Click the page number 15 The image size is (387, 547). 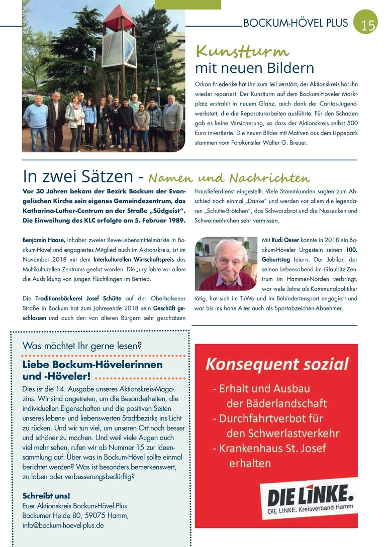(368, 25)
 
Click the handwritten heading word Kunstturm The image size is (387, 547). (242, 52)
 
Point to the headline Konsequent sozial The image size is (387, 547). (276, 364)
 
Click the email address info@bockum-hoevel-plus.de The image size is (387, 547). (63, 525)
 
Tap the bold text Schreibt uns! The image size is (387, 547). (46, 495)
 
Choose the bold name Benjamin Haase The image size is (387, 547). (44, 241)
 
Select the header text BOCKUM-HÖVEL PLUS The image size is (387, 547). (295, 23)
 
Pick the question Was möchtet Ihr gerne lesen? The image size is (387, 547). (82, 346)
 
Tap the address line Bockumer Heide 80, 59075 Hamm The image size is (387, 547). (75, 515)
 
